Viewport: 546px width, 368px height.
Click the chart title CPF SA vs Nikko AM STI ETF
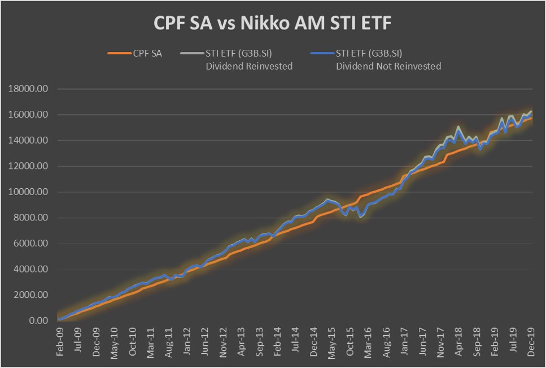[x=273, y=24]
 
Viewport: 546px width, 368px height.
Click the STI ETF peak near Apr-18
[x=458, y=128]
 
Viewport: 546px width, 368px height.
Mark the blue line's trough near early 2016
[x=361, y=217]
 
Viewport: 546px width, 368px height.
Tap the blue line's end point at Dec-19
[x=532, y=112]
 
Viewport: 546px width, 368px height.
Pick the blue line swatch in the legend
[x=321, y=54]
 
